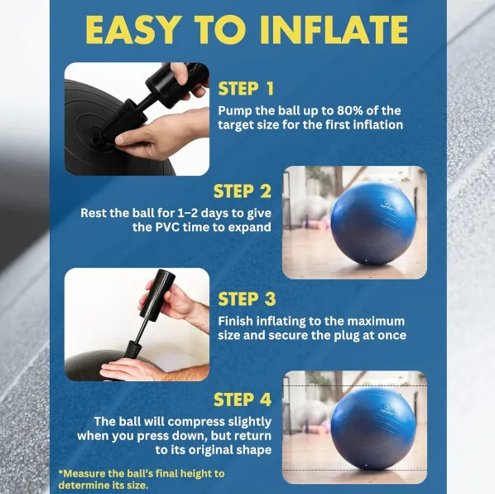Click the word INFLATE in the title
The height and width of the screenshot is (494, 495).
334,30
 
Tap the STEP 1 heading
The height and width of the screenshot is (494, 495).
246,89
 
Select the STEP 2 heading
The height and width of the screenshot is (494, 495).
243,191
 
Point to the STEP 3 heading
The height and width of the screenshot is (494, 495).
247,299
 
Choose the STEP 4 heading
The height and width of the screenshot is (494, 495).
243,400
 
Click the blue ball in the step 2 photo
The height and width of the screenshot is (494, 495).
373,223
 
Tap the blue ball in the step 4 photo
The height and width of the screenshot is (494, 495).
373,429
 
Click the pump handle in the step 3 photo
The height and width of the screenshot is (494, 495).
157,294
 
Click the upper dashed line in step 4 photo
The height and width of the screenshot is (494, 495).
354,386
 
